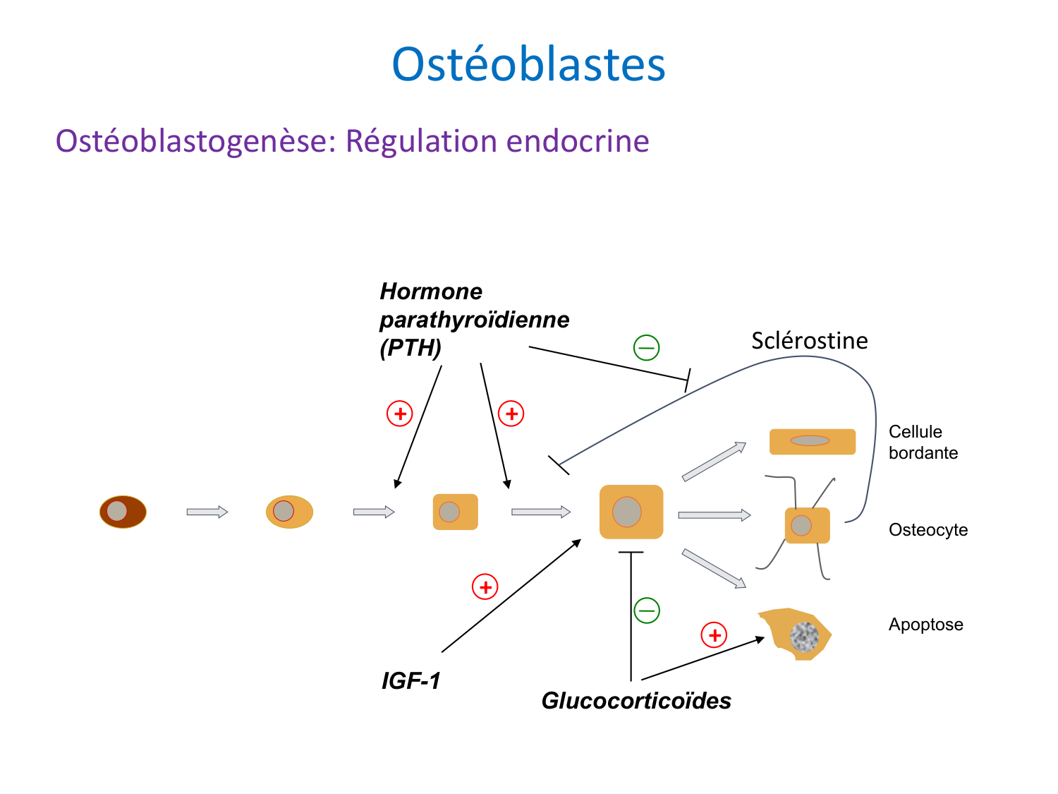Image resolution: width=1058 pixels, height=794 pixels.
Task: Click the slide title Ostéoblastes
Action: tap(528, 64)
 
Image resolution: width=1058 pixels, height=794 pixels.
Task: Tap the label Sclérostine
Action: tap(809, 341)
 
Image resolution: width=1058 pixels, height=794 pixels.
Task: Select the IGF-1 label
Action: tap(411, 681)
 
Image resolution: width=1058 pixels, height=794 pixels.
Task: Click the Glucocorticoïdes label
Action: tap(636, 701)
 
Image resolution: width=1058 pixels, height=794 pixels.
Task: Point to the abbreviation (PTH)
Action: tap(410, 348)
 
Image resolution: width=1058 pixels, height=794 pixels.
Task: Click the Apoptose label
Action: tap(925, 625)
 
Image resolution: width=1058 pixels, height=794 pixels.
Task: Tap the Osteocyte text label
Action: tap(928, 530)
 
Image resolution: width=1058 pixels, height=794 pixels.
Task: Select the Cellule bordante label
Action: tap(923, 443)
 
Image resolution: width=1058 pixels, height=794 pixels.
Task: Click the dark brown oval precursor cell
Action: tap(123, 512)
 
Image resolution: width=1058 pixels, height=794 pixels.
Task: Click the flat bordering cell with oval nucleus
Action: tap(812, 441)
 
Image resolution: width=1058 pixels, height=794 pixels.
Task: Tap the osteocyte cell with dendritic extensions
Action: tap(807, 526)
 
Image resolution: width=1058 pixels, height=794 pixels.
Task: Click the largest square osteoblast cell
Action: tap(631, 512)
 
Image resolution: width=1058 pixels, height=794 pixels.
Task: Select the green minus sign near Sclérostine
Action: tap(646, 347)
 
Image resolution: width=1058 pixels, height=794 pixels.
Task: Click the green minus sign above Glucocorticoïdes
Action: tap(646, 610)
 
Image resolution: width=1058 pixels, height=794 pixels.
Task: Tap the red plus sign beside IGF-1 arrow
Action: tap(485, 587)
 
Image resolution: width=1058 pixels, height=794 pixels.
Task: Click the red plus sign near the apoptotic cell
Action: tap(714, 635)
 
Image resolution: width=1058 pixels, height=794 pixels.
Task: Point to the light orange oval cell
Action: tap(289, 512)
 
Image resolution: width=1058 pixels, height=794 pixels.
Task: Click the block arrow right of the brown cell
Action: tap(207, 512)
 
